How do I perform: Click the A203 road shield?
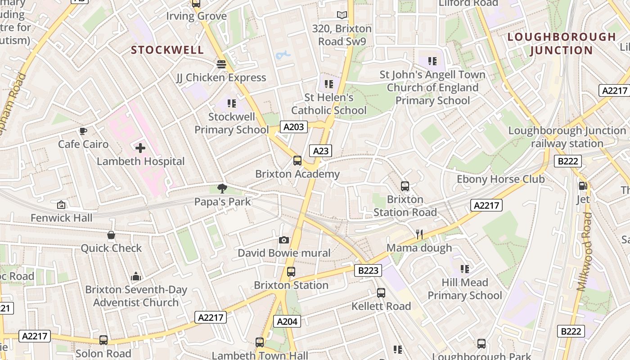coord(294,127)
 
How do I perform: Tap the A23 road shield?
coord(321,151)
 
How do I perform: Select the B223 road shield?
coord(368,270)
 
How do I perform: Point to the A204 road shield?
coord(287,321)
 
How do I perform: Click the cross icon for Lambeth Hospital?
coord(140,148)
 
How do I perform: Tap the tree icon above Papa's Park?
coord(222,188)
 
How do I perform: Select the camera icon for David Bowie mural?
coord(283,240)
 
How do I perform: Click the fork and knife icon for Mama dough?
coord(419,234)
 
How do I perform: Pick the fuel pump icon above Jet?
coord(583,185)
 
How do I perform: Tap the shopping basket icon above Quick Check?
coord(111,235)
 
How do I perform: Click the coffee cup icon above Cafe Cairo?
coord(83,131)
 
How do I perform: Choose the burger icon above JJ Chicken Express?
coord(221,64)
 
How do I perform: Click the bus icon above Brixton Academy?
coord(297,160)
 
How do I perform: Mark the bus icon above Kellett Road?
coord(381,293)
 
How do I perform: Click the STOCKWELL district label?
coord(167,50)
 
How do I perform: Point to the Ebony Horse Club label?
coord(500,179)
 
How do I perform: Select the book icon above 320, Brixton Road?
coord(342,15)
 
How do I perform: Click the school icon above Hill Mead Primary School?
coord(465,269)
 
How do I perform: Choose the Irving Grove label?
coord(196,16)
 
